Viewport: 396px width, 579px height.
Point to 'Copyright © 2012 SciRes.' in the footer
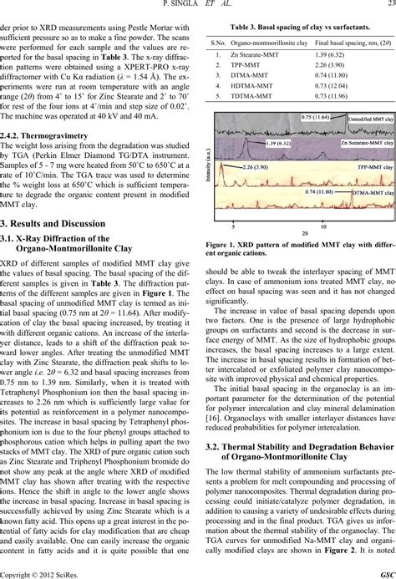[x=36, y=572]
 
